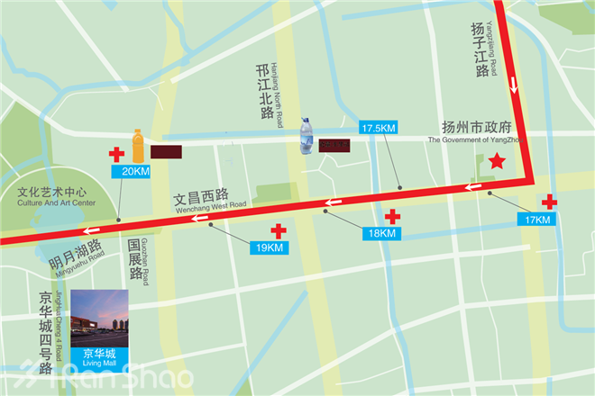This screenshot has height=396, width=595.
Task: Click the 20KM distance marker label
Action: pos(134,171)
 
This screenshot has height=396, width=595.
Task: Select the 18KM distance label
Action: pos(380,233)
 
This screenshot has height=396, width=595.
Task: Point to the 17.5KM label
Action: pos(378,128)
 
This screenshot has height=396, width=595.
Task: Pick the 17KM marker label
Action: pos(537,219)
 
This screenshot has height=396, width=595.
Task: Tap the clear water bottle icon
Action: pos(307,135)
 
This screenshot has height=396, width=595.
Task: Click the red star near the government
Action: pos(496,162)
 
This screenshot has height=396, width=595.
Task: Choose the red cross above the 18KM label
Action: pos(392,216)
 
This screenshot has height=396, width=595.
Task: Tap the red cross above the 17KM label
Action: pos(548,202)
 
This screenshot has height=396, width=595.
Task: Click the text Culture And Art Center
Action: pos(56,203)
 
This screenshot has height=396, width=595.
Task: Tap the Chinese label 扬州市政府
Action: pos(475,127)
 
